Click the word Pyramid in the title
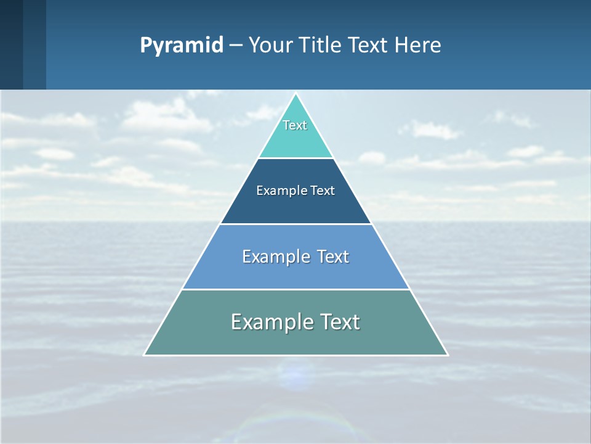(181, 46)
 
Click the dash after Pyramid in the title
(235, 46)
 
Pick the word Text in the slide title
(369, 46)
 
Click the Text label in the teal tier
(295, 125)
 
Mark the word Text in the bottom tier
(337, 322)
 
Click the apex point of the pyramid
(295, 94)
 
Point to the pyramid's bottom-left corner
(145, 355)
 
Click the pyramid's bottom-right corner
(447, 355)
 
